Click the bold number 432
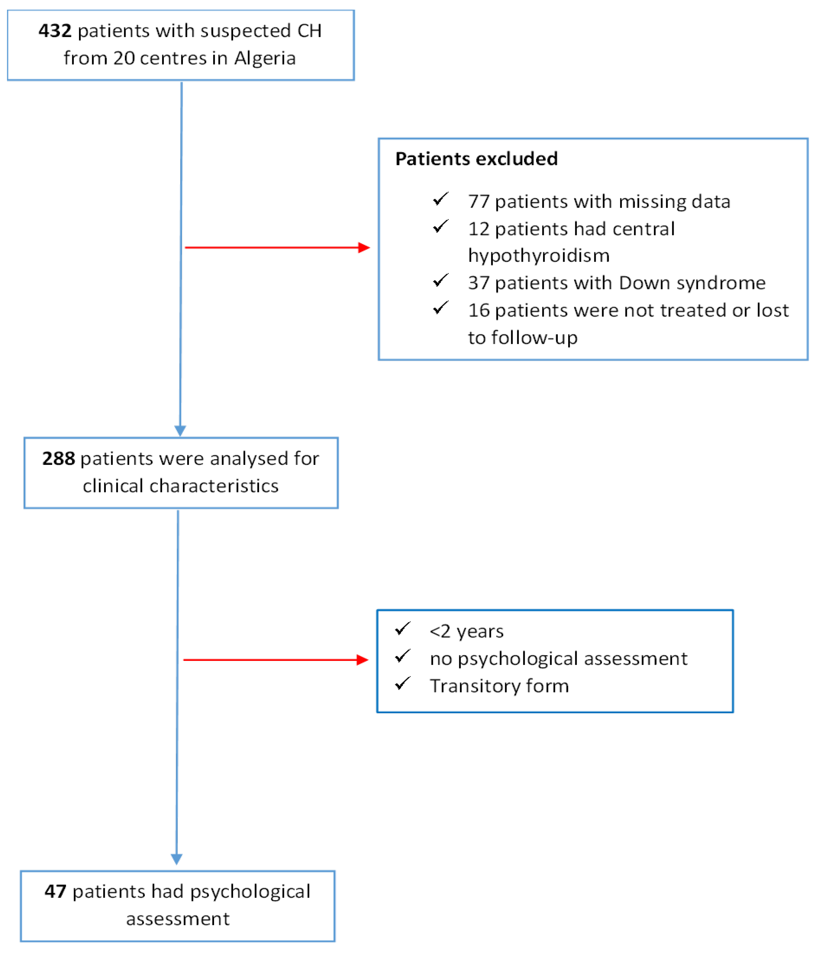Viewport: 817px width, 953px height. tap(55, 31)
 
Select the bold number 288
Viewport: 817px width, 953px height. tap(58, 459)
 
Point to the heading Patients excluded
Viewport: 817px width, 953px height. tap(476, 159)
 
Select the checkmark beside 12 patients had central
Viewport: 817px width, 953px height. tap(440, 226)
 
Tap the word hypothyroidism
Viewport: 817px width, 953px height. tap(538, 255)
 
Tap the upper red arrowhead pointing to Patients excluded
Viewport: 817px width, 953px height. tap(364, 247)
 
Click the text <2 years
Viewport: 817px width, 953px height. tap(466, 631)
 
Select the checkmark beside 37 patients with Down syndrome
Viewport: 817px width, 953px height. tap(440, 280)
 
